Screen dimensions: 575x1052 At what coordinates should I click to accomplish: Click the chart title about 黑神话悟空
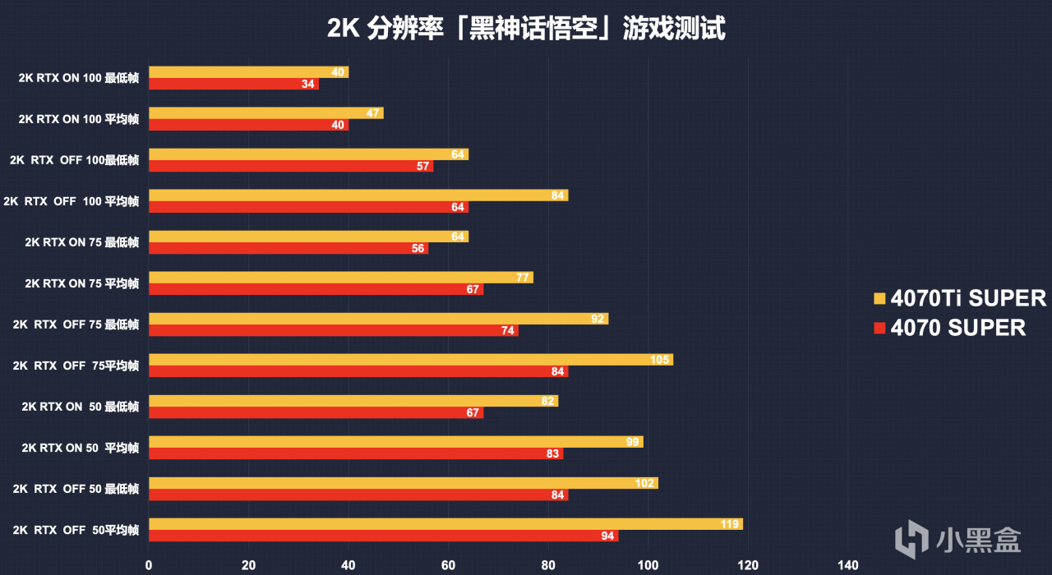click(x=526, y=30)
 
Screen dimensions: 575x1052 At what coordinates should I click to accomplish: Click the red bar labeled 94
click(x=382, y=536)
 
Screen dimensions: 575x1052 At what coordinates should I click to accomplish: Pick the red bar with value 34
click(x=233, y=85)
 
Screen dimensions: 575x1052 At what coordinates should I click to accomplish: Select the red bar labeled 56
click(x=288, y=249)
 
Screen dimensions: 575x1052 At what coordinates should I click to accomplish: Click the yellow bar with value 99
click(x=394, y=442)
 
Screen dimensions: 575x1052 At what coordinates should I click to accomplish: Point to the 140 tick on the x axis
click(x=847, y=565)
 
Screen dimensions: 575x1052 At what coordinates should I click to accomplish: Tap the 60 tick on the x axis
click(x=448, y=565)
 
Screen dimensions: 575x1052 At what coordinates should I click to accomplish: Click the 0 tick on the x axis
click(x=149, y=565)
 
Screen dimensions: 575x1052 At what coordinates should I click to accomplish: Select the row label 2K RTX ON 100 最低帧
click(x=79, y=79)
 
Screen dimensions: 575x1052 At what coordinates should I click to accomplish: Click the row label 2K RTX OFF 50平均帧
click(x=76, y=531)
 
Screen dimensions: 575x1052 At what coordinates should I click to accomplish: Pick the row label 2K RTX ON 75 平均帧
click(x=81, y=284)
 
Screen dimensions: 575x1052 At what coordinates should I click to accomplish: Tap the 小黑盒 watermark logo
click(x=958, y=539)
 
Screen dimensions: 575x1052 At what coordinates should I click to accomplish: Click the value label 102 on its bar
click(x=644, y=483)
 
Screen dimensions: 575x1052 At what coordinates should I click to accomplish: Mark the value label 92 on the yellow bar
click(x=598, y=319)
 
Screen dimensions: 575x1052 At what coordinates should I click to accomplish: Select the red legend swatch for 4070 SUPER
click(x=879, y=329)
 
